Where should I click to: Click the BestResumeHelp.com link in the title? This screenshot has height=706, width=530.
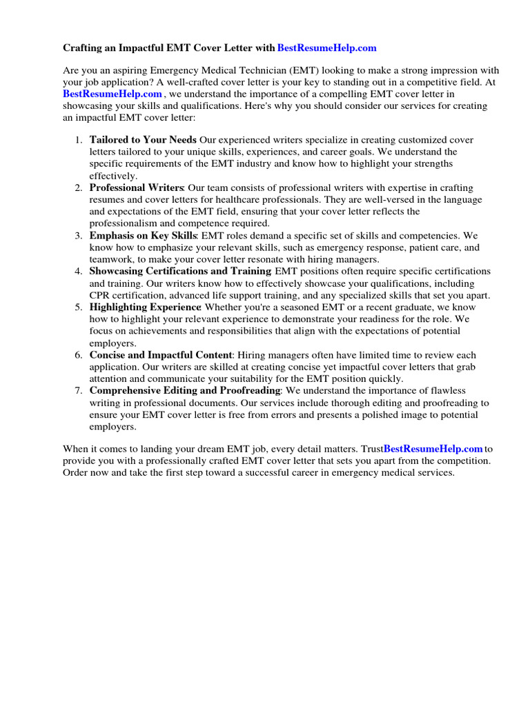(326, 48)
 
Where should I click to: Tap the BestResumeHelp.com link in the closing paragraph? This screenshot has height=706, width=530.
(433, 449)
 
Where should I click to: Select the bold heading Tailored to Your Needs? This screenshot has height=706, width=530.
(143, 140)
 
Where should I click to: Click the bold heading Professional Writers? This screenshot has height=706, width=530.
(136, 188)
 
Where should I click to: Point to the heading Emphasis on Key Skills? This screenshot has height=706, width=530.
(144, 236)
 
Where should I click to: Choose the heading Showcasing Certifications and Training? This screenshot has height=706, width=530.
(181, 271)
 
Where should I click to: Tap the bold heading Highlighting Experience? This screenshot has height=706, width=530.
(145, 307)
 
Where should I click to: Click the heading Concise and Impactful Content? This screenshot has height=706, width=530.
(161, 355)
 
